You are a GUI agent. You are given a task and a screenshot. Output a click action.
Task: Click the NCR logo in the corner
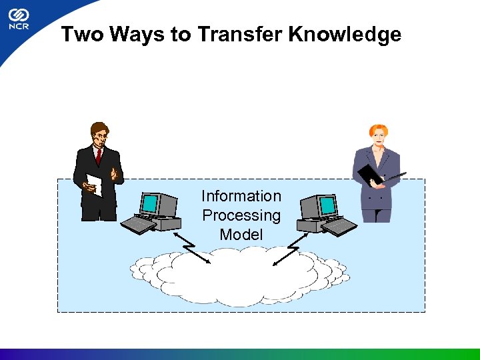pyautogui.click(x=18, y=20)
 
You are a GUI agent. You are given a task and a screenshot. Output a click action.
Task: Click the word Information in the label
pyautogui.click(x=241, y=196)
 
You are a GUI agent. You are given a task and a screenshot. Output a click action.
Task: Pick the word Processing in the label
pyautogui.click(x=241, y=215)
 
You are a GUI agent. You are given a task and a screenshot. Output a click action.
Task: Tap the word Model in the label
pyautogui.click(x=241, y=235)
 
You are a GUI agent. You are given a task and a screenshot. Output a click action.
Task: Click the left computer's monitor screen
pyautogui.click(x=151, y=203)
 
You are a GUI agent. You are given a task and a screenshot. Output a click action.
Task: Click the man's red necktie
pyautogui.click(x=99, y=155)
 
